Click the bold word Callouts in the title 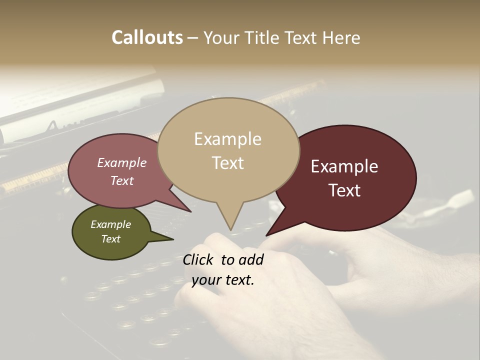coord(147,37)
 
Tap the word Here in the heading coord(341,38)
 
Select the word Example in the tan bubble coord(227,139)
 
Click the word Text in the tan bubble coord(227,163)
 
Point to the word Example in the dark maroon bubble coord(344,166)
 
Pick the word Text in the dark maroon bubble coord(344,190)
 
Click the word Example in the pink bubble coord(121,162)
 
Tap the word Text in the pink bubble coord(121,180)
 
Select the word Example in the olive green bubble coord(110,224)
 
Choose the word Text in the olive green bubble coord(110,239)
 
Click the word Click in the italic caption coord(199,259)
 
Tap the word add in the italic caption coord(251,259)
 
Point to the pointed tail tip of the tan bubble coord(230,230)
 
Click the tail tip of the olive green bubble coord(173,239)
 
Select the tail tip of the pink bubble coord(190,212)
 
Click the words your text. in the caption coord(222,280)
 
